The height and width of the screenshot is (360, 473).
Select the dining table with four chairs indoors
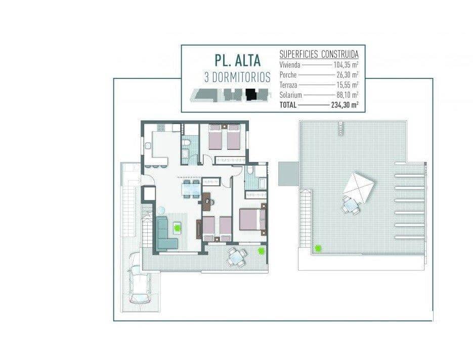(x=191, y=188)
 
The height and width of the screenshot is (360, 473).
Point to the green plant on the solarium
(x=318, y=248)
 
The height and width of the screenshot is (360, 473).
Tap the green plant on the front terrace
(x=262, y=251)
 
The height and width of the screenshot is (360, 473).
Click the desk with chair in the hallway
(x=207, y=199)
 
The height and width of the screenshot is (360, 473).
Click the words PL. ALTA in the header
(x=237, y=60)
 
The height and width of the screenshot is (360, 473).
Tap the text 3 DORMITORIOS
(x=237, y=77)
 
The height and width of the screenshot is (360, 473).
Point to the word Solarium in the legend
(x=290, y=95)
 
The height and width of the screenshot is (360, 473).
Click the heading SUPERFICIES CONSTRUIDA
(x=319, y=54)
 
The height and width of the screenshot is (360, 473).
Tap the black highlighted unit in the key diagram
(x=250, y=94)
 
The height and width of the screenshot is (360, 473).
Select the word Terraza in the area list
(x=289, y=85)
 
